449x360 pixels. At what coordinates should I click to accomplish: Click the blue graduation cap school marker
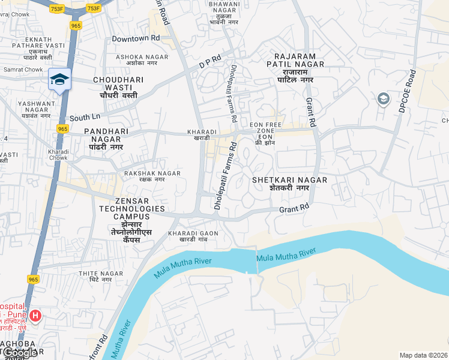59,80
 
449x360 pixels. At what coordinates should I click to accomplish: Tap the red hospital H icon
35,315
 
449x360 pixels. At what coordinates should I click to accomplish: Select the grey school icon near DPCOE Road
384,98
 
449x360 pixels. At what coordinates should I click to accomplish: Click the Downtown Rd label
136,38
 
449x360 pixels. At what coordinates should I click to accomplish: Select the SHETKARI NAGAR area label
289,184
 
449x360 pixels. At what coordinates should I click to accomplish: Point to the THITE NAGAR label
96,276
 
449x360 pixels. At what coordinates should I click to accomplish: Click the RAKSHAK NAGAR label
152,176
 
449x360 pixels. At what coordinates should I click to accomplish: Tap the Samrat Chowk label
21,70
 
